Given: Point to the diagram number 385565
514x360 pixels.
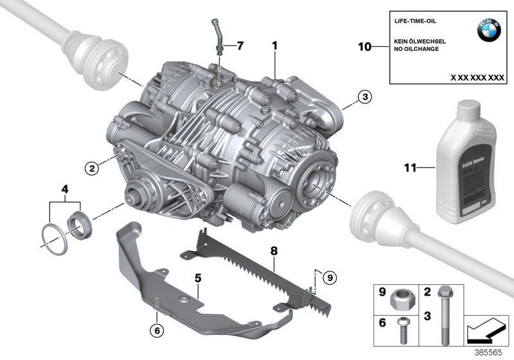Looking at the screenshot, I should click(x=494, y=353).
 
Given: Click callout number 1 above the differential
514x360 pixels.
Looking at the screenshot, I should click(x=274, y=46).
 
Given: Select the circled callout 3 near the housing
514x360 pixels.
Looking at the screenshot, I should click(x=364, y=98).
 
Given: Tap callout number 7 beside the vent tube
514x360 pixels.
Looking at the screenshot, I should click(x=240, y=46).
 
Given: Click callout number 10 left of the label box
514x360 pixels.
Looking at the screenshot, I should click(x=364, y=46).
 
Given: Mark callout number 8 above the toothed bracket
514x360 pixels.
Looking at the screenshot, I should click(x=274, y=249).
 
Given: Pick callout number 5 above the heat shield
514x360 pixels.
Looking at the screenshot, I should click(x=199, y=278).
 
